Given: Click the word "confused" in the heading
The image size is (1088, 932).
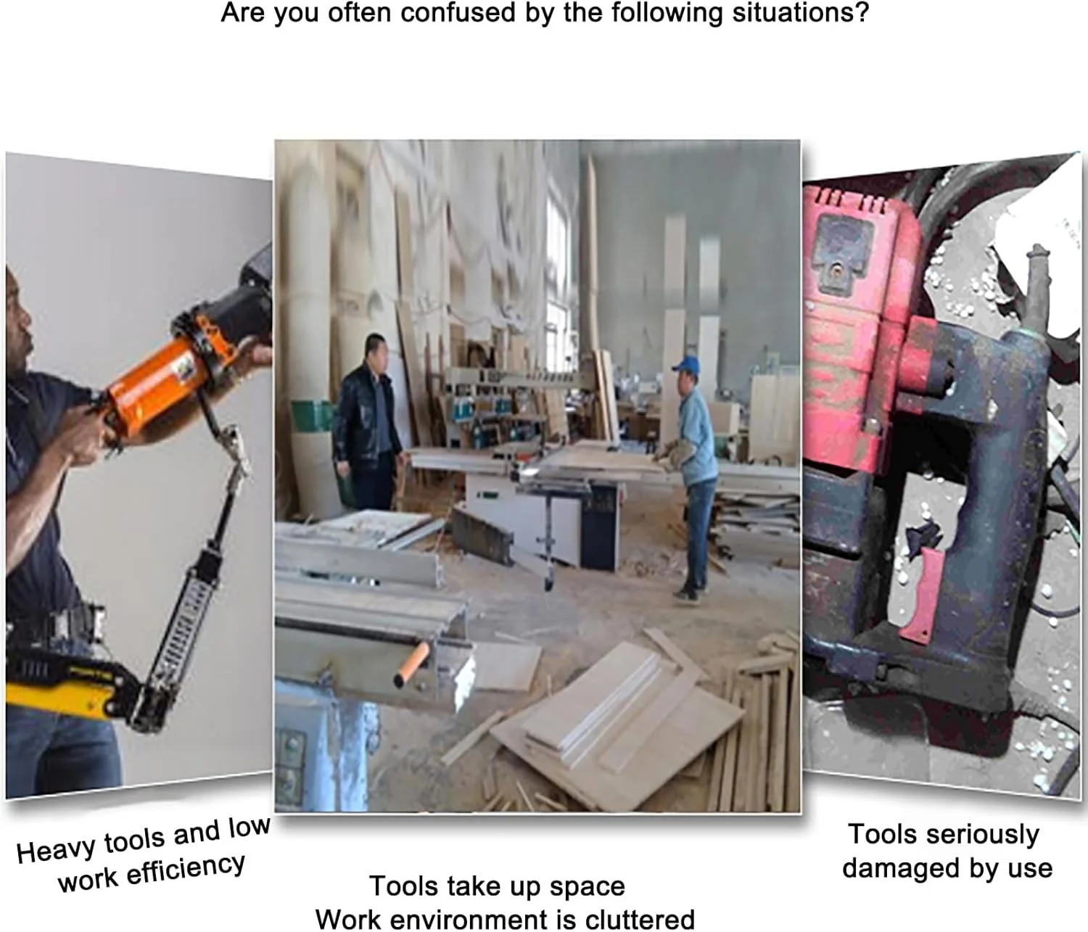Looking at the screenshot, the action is [458, 12].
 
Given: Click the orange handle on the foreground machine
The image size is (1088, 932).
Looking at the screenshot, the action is [410, 665].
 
